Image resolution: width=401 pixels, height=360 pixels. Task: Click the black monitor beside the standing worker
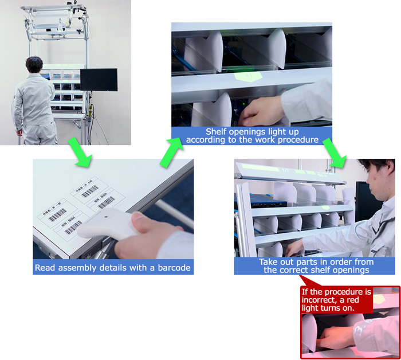99,80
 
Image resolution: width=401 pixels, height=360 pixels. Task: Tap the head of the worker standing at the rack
34,64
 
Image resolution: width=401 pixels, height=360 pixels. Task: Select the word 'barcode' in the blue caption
174,268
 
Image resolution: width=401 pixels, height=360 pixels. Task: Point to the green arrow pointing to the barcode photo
80,152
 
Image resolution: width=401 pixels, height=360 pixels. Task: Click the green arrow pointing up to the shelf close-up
171,152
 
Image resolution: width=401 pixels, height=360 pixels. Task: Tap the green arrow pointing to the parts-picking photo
334,152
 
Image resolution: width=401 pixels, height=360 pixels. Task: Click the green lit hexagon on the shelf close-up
247,76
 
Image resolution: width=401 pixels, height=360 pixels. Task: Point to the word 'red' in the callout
353,300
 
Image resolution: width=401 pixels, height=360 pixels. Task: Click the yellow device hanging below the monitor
90,112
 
